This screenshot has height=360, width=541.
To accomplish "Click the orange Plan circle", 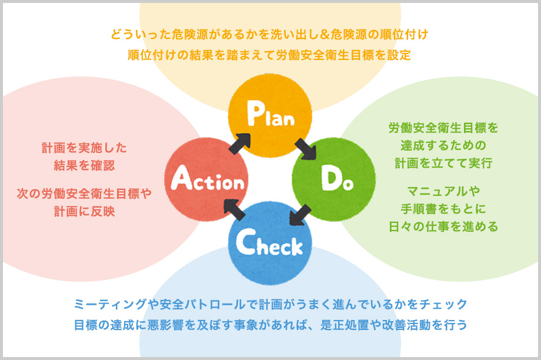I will [x=270, y=116].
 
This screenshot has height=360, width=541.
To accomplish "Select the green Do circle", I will [x=333, y=179].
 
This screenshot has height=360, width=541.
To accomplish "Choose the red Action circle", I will [x=206, y=180].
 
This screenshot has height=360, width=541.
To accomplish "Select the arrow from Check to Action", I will [x=235, y=210].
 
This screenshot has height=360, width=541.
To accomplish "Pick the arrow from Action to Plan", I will [x=239, y=143].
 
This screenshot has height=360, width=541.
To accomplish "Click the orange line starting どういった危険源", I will [x=269, y=34].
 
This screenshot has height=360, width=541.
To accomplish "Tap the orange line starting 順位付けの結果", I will [x=269, y=55].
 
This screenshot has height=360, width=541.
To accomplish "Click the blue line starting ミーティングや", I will [x=270, y=304].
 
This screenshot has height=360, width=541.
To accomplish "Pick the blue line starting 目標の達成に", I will [x=270, y=324].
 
